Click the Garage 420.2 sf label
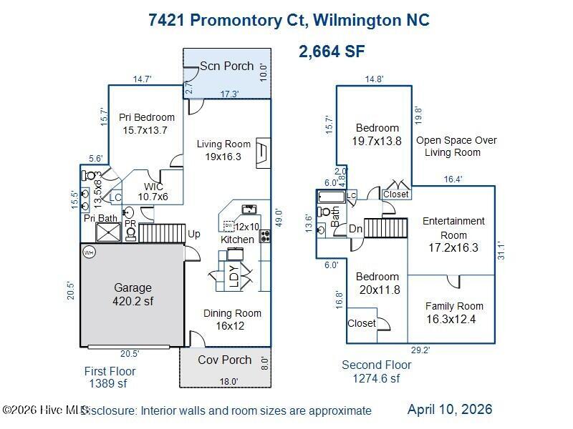(133, 295)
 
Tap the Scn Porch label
(226, 66)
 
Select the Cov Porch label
(225, 360)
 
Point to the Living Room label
(224, 150)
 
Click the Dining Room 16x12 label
(232, 319)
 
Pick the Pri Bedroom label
(146, 124)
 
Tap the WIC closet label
(153, 192)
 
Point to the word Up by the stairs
(194, 234)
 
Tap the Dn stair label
(356, 229)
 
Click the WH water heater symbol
(90, 252)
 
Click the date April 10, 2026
(450, 409)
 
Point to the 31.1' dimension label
(501, 250)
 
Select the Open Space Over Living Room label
(456, 146)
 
